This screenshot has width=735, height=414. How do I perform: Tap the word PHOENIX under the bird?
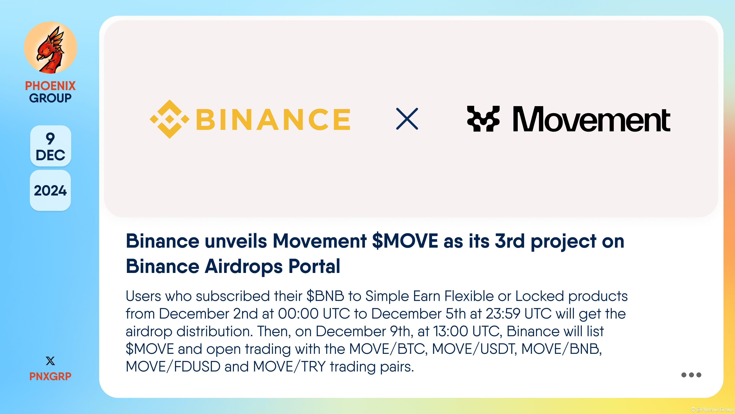pyautogui.click(x=50, y=86)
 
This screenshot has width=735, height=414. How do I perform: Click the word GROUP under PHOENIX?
pyautogui.click(x=50, y=98)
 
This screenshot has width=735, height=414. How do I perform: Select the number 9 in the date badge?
pyautogui.click(x=50, y=139)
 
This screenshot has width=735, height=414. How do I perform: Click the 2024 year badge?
pyautogui.click(x=50, y=191)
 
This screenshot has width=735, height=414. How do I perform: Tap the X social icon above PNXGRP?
pyautogui.click(x=50, y=361)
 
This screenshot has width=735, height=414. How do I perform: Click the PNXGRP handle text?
pyautogui.click(x=50, y=376)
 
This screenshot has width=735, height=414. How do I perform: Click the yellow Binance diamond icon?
pyautogui.click(x=169, y=119)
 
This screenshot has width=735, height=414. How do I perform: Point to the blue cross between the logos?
pyautogui.click(x=407, y=119)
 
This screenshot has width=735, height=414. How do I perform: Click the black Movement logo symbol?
pyautogui.click(x=483, y=119)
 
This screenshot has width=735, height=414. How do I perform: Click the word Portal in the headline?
pyautogui.click(x=314, y=266)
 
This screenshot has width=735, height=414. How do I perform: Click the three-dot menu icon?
pyautogui.click(x=691, y=375)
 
